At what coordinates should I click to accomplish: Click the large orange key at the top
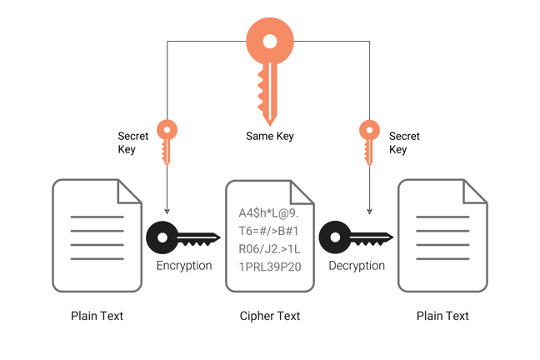coord(270,62)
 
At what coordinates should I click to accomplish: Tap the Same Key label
coord(270,136)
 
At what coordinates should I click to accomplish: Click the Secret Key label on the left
coord(133,142)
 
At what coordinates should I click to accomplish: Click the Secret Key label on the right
coord(404,142)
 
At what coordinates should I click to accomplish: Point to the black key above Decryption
coord(355,237)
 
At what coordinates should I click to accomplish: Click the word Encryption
coord(184,266)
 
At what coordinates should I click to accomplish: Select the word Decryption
coord(357,266)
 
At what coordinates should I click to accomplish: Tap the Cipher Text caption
coord(270,316)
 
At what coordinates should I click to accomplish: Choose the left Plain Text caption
coord(97,316)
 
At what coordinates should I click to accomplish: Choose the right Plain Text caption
coord(442,316)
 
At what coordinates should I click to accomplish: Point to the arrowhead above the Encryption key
coord(167,212)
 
